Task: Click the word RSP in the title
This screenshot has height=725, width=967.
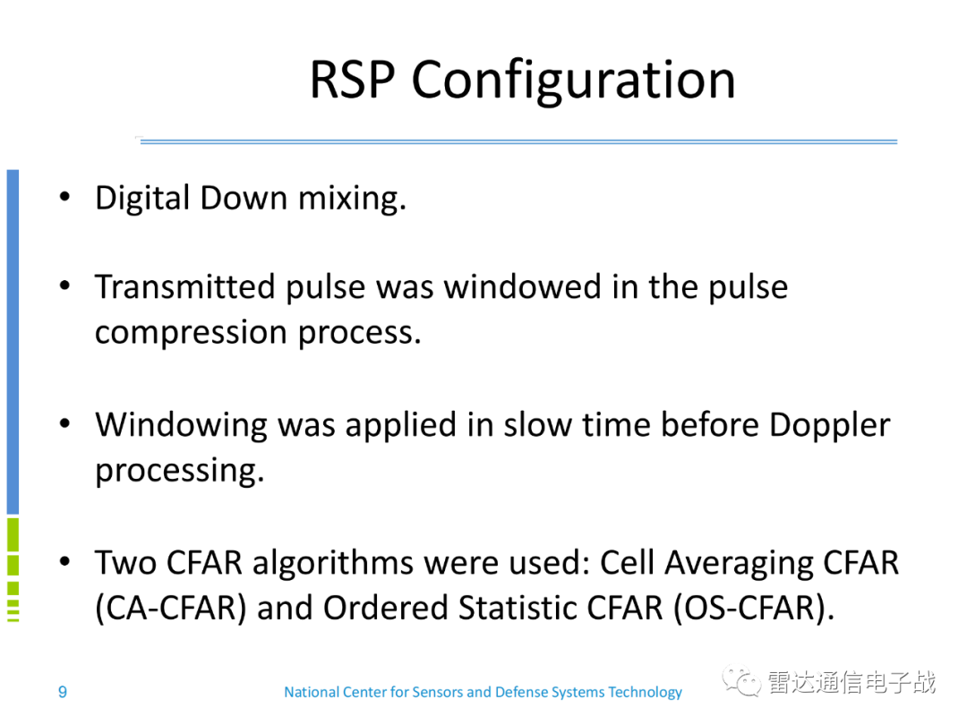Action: click(x=352, y=80)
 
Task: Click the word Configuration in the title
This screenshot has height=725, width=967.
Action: click(x=574, y=82)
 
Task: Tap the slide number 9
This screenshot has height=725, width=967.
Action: click(x=63, y=692)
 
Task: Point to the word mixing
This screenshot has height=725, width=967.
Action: click(x=352, y=199)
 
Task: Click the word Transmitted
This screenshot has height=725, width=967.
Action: click(x=184, y=286)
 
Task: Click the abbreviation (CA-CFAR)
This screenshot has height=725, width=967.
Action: click(x=171, y=608)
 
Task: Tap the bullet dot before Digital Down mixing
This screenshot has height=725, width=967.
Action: click(x=64, y=197)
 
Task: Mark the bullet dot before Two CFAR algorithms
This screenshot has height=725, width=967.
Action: click(x=64, y=561)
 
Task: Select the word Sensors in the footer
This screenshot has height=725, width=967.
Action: click(x=437, y=692)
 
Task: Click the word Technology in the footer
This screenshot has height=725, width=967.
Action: click(x=645, y=693)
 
